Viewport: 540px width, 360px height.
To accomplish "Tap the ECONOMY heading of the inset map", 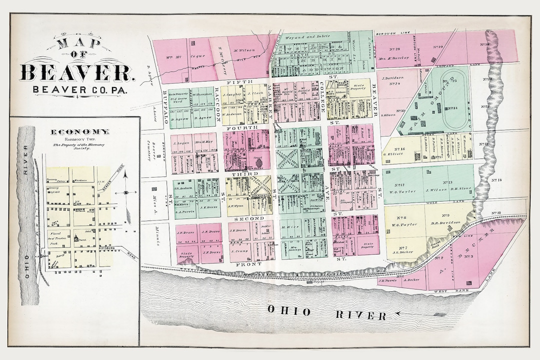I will (80, 131).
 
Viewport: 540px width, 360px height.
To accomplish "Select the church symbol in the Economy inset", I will (76, 239).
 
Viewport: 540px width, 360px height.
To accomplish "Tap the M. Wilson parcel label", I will (244, 50).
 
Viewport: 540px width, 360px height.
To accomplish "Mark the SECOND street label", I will (244, 218).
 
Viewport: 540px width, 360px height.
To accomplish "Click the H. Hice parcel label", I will (290, 227).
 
